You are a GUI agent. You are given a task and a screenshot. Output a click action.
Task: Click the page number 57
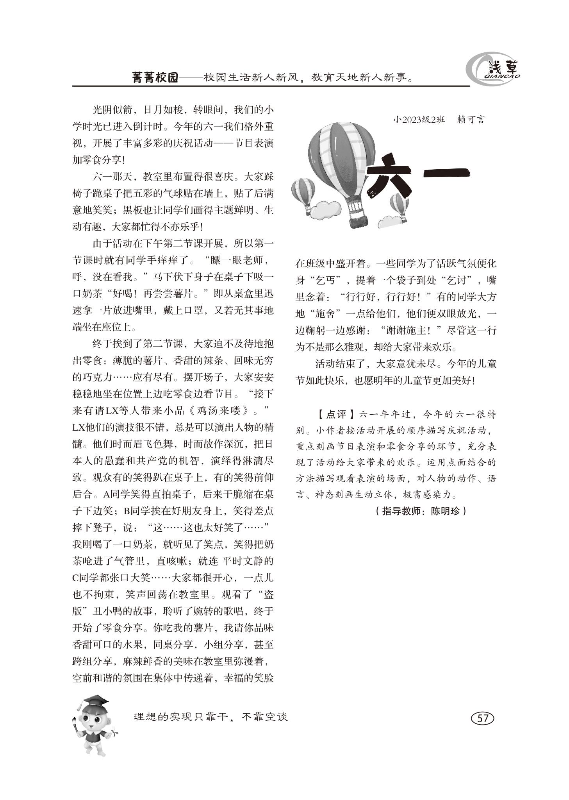(x=483, y=718)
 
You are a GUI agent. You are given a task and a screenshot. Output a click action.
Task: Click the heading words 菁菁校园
(x=155, y=78)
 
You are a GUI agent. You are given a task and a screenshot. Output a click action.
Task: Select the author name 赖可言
(x=471, y=120)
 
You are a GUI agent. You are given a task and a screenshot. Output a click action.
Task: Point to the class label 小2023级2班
(x=419, y=120)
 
